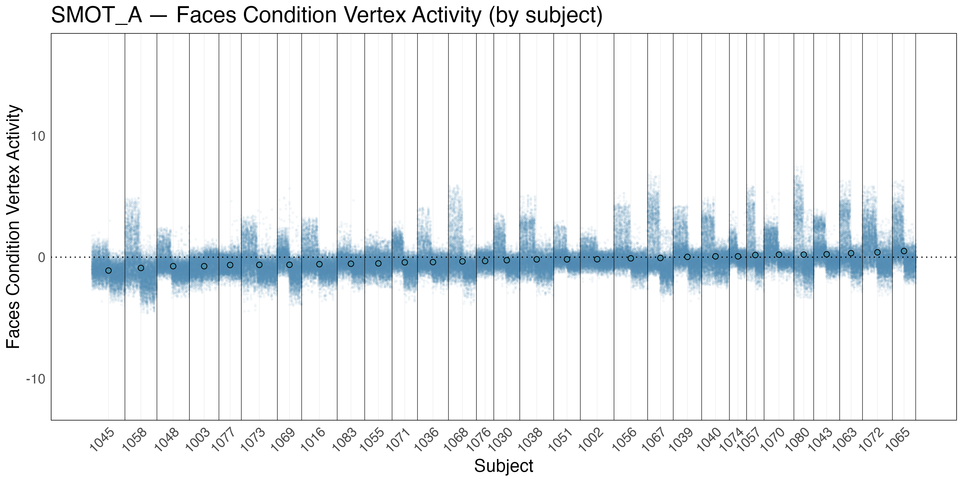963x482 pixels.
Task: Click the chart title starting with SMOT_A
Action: point(326,16)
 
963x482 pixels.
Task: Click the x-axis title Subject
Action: point(503,466)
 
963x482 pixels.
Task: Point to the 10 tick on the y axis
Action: point(38,136)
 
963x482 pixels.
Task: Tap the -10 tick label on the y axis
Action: point(36,379)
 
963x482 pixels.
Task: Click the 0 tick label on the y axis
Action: point(41,257)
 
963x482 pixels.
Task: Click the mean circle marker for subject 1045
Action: point(108,270)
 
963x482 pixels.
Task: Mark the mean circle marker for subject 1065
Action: point(904,251)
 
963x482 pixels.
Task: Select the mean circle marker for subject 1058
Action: point(141,268)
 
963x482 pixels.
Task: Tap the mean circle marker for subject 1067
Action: point(660,258)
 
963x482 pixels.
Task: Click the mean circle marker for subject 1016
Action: point(319,264)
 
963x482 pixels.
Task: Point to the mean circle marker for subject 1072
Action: point(877,253)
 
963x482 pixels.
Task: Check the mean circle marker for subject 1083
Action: point(351,264)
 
